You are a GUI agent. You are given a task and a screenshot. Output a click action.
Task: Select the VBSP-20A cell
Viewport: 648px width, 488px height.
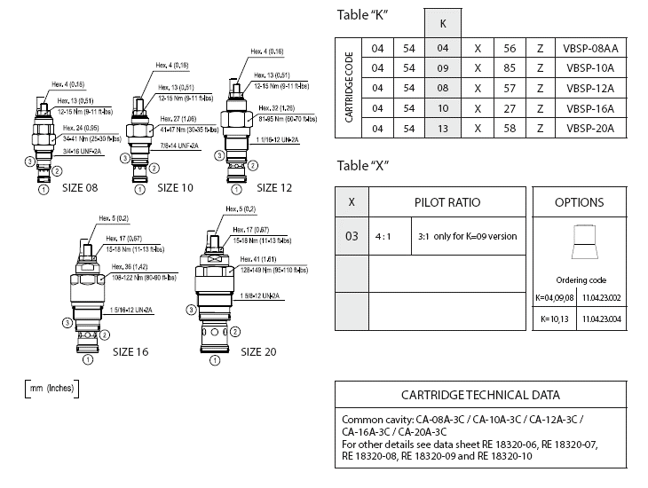click(x=591, y=128)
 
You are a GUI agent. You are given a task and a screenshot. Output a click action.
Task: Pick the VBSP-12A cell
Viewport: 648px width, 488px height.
click(x=591, y=89)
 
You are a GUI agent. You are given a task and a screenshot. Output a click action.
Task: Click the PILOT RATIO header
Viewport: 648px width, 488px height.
click(x=447, y=202)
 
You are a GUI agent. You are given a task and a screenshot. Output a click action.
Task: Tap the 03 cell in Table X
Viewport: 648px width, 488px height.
click(x=352, y=236)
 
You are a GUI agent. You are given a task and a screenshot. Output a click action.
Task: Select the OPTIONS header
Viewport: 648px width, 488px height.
click(x=579, y=202)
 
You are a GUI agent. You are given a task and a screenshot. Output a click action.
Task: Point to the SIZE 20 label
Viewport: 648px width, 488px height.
click(x=258, y=351)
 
